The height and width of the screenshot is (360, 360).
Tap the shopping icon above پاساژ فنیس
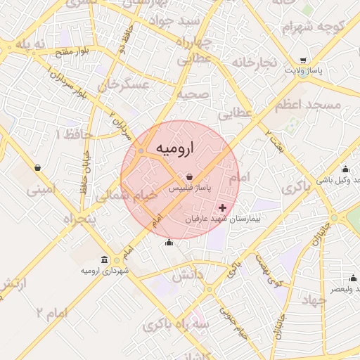coord(190,177)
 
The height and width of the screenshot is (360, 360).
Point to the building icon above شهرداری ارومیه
coord(105,260)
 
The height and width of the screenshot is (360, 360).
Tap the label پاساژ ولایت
coord(303,71)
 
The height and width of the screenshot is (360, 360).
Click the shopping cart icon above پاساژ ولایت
coord(303,60)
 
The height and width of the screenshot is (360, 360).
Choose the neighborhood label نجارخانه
coord(251,63)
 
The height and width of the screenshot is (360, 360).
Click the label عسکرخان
coord(124,86)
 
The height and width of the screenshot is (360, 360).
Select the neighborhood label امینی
coord(39,189)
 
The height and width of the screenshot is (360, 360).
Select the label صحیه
coord(190,93)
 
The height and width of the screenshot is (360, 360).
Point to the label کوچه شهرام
coord(307,28)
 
